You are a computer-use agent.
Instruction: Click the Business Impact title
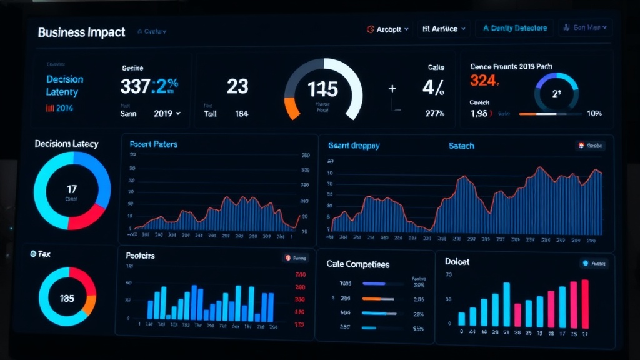(x=81, y=32)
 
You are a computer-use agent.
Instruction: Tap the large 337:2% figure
(x=149, y=86)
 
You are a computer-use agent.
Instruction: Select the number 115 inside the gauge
(x=322, y=89)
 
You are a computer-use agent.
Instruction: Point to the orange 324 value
(x=484, y=80)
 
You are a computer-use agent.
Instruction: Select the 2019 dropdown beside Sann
(x=167, y=114)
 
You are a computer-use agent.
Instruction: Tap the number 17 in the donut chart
(x=71, y=188)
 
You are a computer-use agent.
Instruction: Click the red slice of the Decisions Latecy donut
(x=87, y=216)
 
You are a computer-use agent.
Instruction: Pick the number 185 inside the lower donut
(x=67, y=298)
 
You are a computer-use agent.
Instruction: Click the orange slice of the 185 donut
(x=90, y=304)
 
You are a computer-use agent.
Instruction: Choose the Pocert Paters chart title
(x=153, y=144)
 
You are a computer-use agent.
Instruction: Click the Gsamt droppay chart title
(x=354, y=146)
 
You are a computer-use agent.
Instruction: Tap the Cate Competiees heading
(x=357, y=264)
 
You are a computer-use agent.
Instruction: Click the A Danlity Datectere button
(x=514, y=28)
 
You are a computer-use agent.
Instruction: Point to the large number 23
(x=237, y=86)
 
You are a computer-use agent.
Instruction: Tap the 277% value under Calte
(x=434, y=113)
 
